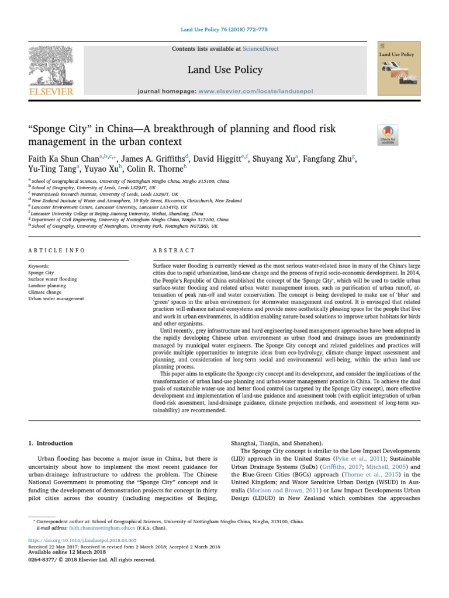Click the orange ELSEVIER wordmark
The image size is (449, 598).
click(51, 92)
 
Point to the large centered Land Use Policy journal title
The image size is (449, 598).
click(224, 70)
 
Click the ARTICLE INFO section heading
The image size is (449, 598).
click(57, 251)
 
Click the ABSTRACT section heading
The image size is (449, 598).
click(174, 251)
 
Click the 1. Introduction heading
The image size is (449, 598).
click(51, 443)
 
